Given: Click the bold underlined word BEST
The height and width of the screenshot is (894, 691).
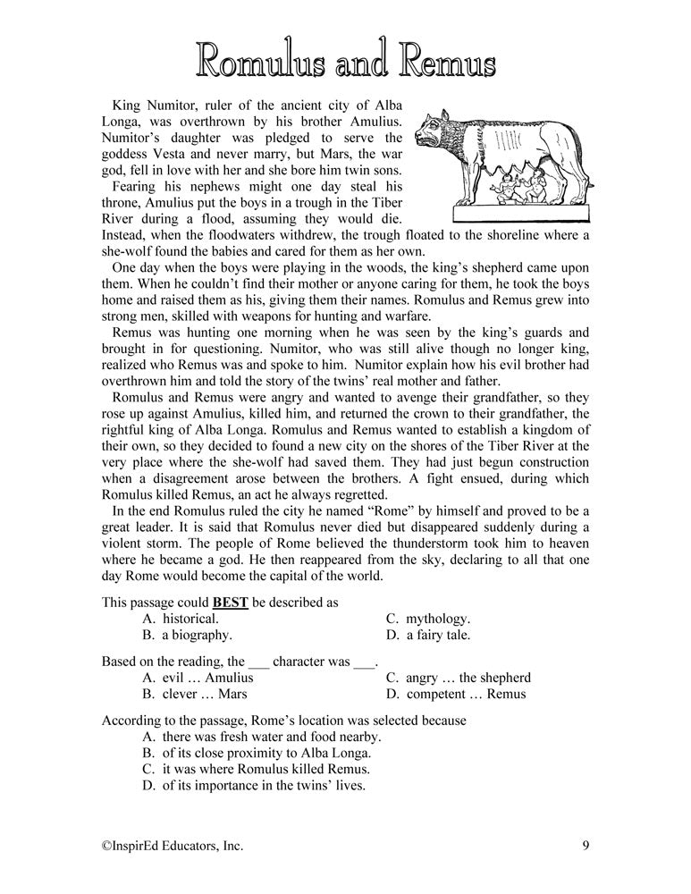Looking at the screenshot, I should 230,602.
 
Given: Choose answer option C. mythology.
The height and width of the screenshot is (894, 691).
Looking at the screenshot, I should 427,619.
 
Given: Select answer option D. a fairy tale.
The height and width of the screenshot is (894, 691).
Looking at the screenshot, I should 427,636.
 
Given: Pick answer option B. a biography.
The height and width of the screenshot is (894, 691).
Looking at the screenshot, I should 187,636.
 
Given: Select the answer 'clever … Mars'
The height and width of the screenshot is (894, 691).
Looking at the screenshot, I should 194,694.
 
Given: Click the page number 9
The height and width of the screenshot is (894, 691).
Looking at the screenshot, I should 584,844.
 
